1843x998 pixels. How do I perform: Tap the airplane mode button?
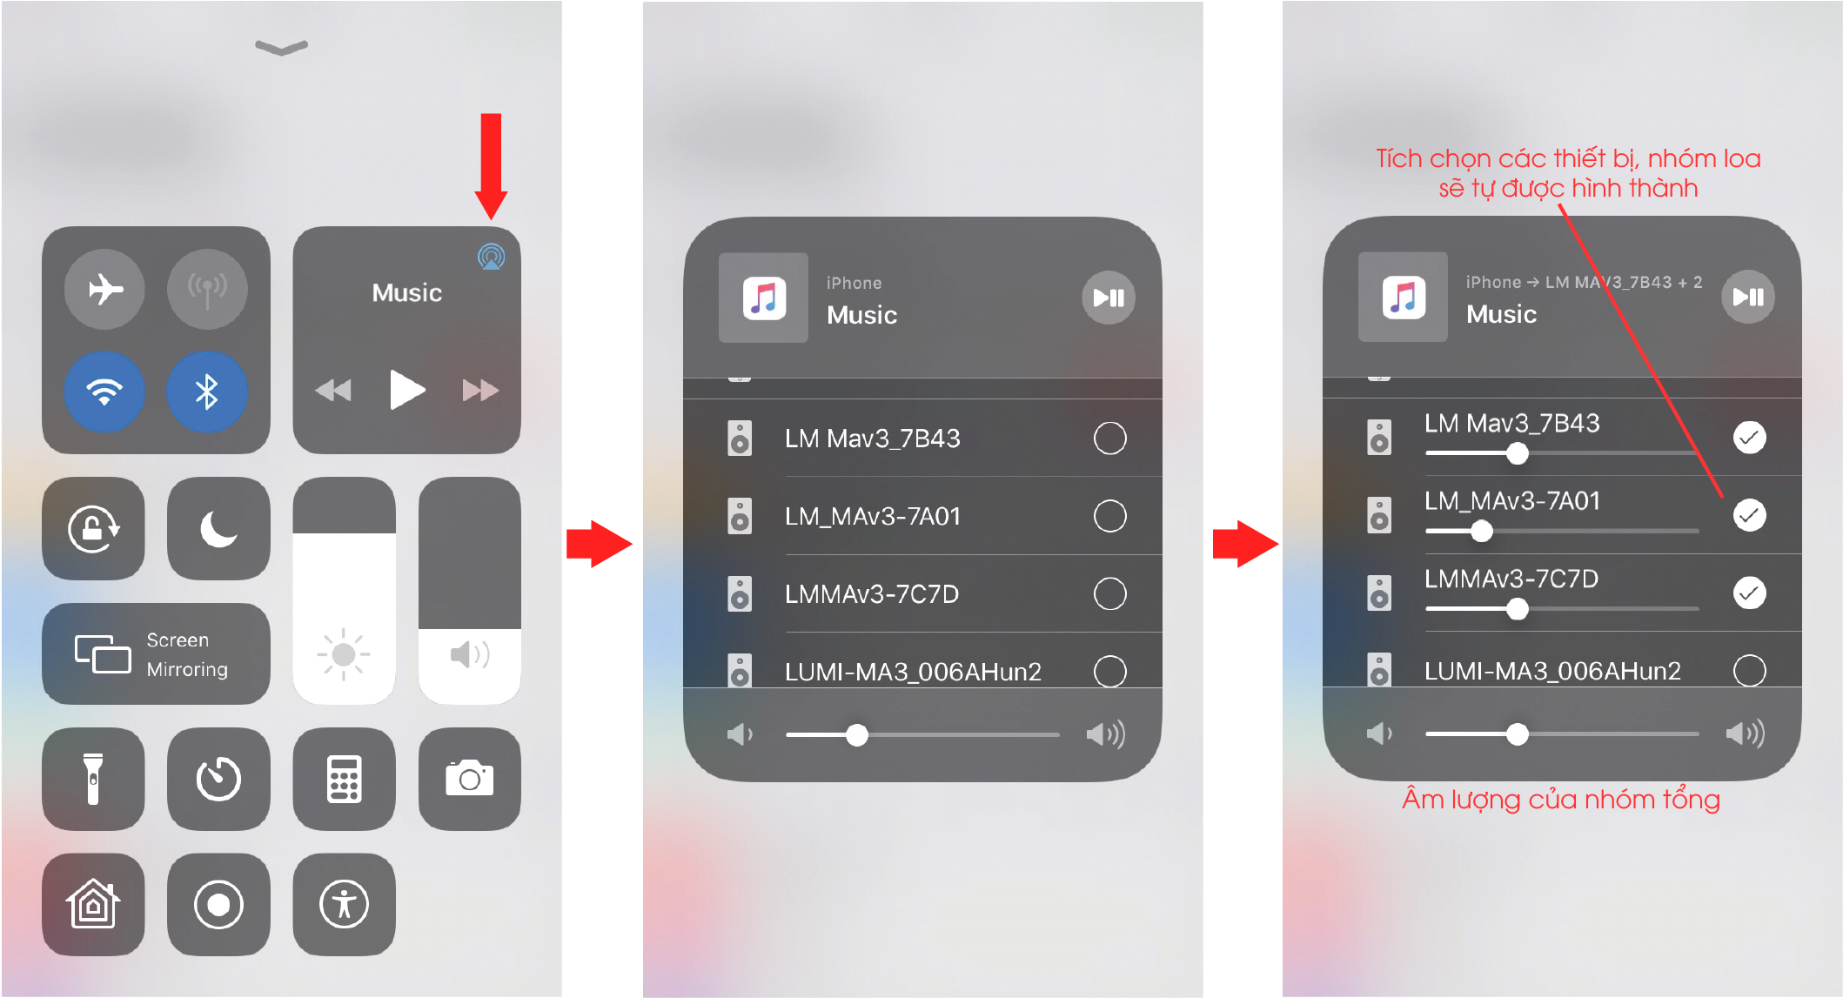click(105, 289)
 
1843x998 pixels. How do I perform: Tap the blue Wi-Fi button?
click(104, 392)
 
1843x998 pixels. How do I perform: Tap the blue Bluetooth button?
click(207, 392)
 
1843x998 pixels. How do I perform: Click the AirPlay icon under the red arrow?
click(492, 257)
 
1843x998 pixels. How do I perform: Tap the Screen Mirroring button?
click(157, 654)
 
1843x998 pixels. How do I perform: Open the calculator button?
click(345, 779)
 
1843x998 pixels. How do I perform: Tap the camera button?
click(470, 779)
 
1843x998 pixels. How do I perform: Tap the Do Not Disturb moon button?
click(218, 528)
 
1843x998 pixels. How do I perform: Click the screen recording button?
click(218, 905)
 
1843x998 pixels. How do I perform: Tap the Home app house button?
click(94, 905)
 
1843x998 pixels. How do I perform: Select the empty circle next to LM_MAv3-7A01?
click(1110, 516)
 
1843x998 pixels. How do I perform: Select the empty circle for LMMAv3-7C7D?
click(1110, 594)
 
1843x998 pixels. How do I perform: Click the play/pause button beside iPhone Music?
click(1109, 298)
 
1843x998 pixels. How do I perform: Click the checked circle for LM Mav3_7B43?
click(1750, 437)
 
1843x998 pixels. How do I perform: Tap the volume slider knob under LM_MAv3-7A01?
click(1481, 531)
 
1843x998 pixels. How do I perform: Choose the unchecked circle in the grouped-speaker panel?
click(1750, 671)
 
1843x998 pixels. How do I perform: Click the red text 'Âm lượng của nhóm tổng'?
click(1561, 800)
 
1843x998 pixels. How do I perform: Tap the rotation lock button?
click(94, 528)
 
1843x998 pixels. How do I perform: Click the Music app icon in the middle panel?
click(764, 298)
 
